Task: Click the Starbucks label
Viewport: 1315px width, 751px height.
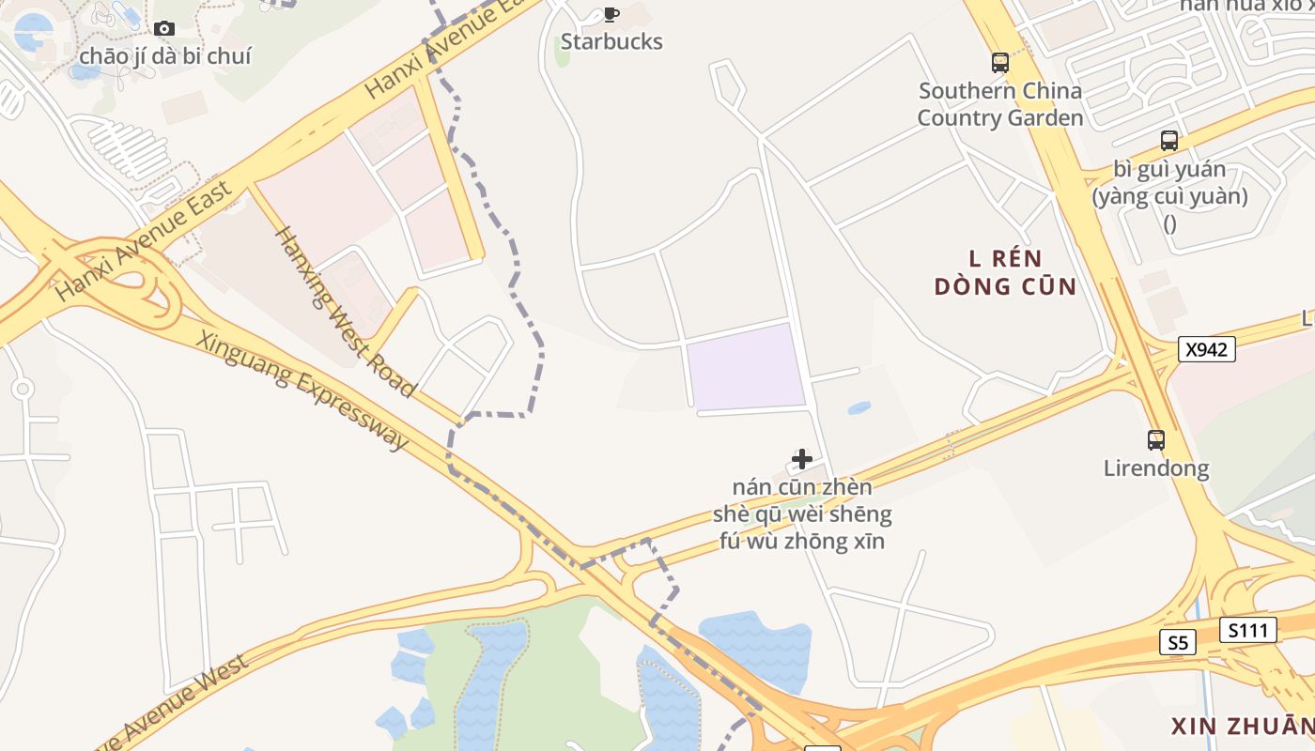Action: tap(611, 41)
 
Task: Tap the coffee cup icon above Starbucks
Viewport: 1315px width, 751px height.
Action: tap(611, 14)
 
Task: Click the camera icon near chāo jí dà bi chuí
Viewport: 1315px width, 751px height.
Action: tap(164, 28)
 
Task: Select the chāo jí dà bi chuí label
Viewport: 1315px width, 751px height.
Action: tap(165, 56)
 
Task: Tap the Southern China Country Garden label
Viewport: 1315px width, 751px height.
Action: tap(1000, 104)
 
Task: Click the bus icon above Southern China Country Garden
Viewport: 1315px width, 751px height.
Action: tap(1000, 63)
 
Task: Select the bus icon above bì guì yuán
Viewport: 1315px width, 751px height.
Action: tap(1169, 141)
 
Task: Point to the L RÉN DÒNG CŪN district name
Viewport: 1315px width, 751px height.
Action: tap(1005, 272)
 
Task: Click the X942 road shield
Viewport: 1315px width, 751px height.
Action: tap(1206, 349)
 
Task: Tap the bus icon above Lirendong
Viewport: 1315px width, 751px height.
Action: tap(1156, 439)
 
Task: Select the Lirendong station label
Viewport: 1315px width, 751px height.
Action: tap(1156, 467)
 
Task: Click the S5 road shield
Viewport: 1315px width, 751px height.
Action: tap(1178, 642)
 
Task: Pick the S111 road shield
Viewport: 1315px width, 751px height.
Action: tap(1248, 630)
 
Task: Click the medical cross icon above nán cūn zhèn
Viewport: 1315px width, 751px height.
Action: tap(802, 458)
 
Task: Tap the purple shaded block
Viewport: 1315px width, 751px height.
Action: tap(747, 368)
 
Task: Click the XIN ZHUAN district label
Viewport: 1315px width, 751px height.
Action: tap(1242, 726)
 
